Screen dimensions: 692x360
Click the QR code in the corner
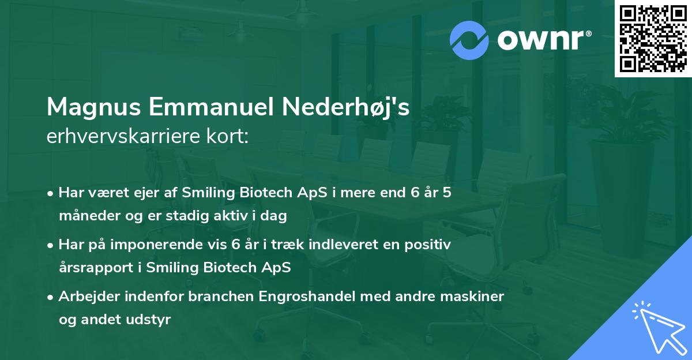[653, 39]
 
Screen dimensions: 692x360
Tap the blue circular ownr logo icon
[469, 40]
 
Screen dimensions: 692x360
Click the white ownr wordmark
[540, 40]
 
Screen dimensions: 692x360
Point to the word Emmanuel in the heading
[211, 107]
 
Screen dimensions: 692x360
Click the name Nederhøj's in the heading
[345, 107]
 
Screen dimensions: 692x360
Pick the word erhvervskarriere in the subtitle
[123, 136]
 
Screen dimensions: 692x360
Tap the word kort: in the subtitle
[227, 136]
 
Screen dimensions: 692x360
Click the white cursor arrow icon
[659, 328]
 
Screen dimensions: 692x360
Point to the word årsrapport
[96, 268]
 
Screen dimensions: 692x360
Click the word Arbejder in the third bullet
[89, 297]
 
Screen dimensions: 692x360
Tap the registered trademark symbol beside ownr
[588, 33]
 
